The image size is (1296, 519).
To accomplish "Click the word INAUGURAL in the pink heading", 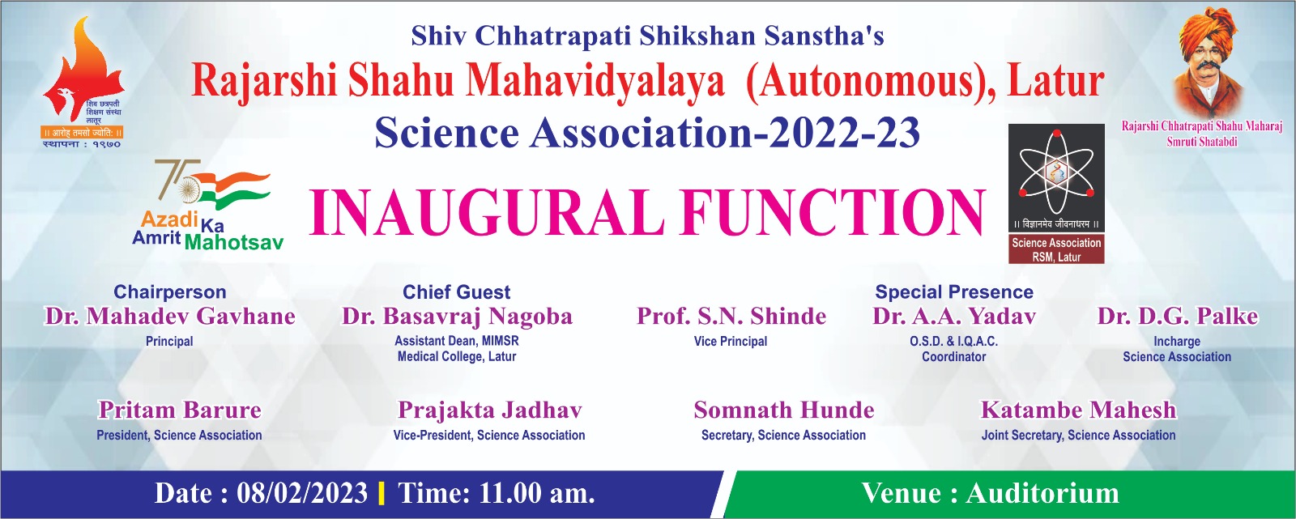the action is (487, 212).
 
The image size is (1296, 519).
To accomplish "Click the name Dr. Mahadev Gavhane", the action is (170, 317).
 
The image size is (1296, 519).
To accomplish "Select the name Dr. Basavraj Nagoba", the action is (457, 317).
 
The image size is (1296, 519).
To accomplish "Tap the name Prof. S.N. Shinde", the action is (731, 317).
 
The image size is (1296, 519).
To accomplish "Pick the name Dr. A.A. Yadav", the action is (954, 317).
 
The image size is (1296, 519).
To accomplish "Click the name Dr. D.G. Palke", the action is (1178, 317).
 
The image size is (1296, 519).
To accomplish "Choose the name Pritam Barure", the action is (179, 410).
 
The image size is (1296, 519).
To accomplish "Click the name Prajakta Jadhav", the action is (489, 411).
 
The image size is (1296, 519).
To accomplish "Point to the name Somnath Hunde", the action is (784, 410).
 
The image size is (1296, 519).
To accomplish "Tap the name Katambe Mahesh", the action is (1078, 410).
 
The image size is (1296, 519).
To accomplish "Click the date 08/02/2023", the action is (302, 494).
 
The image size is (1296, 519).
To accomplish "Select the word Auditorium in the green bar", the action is (1042, 494).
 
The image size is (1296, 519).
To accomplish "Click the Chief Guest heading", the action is (457, 291).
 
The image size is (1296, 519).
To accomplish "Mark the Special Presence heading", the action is (954, 291).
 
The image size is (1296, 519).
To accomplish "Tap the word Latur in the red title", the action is (1056, 81).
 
